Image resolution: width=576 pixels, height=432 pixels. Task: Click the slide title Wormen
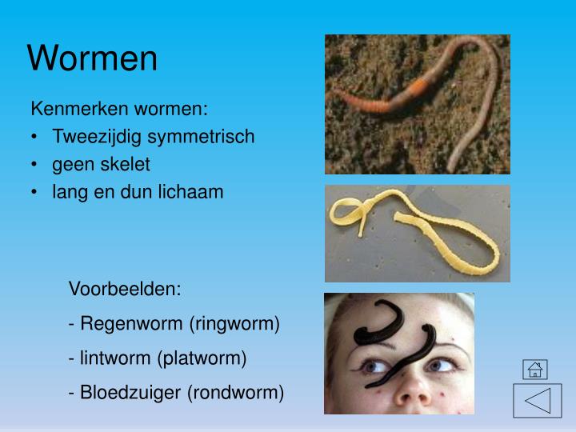click(93, 58)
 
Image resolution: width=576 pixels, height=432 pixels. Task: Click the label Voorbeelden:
click(126, 289)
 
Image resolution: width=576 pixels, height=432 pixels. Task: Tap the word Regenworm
click(131, 324)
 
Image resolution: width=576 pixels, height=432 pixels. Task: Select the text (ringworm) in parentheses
click(234, 324)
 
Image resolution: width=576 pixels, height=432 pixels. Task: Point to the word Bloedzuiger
click(132, 393)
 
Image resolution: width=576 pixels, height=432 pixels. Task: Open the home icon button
click(534, 369)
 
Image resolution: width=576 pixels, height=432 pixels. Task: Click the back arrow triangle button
click(537, 400)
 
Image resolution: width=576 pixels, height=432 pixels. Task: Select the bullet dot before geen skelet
click(37, 164)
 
